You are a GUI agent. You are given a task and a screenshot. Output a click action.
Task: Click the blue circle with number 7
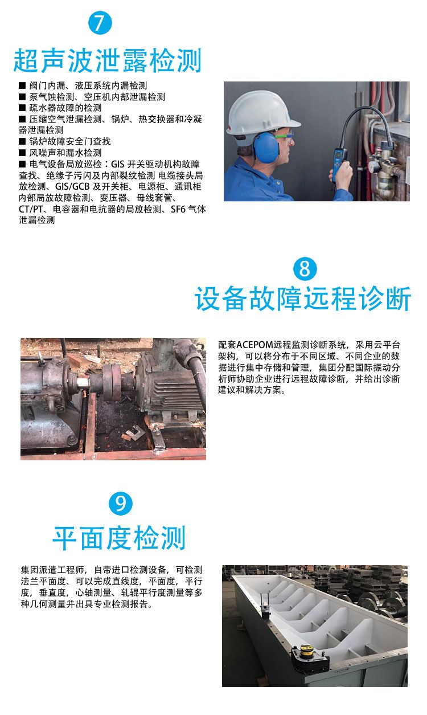100,22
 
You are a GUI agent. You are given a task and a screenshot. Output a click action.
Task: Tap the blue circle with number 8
305,269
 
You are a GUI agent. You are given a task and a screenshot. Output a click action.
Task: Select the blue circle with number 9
121,504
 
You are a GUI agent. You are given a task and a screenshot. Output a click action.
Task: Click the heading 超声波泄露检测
107,60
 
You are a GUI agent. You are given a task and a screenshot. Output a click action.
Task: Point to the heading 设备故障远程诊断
303,299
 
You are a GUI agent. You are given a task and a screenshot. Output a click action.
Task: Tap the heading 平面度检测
119,538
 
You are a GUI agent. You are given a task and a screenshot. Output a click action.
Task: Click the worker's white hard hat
262,115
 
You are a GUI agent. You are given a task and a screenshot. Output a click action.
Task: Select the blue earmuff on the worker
266,147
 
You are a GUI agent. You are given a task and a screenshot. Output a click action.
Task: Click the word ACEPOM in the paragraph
254,345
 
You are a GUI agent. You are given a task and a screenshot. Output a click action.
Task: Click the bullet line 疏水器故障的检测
60,108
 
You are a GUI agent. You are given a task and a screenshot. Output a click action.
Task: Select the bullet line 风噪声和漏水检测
60,153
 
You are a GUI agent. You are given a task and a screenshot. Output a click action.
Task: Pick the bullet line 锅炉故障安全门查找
65,141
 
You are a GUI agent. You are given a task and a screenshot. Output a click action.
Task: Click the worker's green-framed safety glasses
285,136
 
